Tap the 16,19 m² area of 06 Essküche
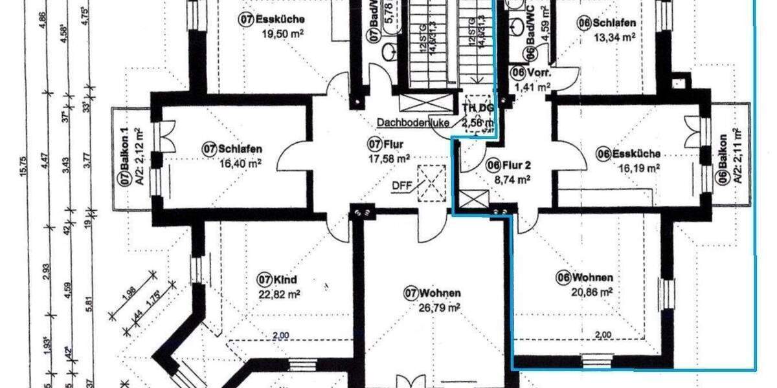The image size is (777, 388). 627,167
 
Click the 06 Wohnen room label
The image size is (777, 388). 584,278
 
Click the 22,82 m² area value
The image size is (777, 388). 277,294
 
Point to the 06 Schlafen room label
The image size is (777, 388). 606,23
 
